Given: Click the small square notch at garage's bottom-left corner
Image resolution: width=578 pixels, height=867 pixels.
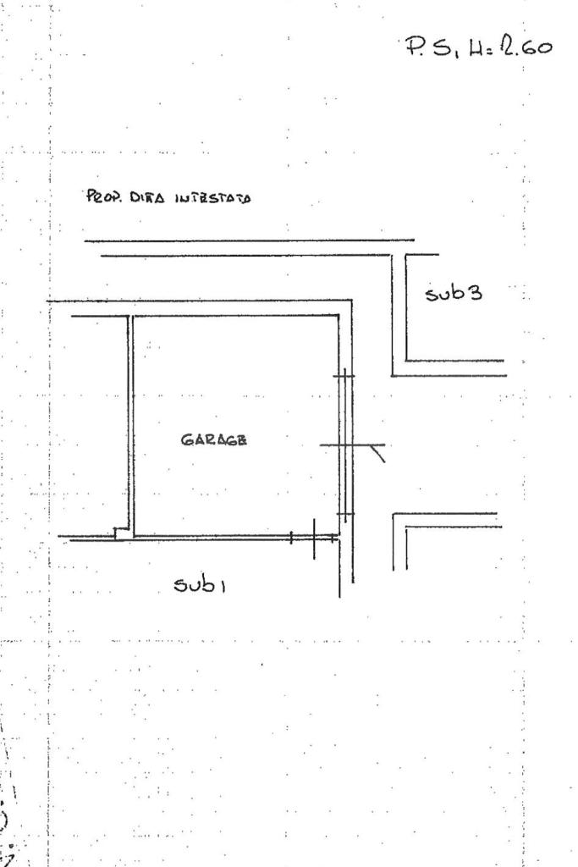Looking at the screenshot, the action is click(122, 533).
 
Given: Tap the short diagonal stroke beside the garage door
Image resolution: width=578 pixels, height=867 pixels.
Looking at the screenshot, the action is click(378, 454).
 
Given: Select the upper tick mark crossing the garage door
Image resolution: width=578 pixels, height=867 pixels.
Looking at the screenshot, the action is click(344, 376).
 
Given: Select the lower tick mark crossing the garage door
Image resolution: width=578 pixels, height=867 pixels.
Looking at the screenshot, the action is click(344, 513).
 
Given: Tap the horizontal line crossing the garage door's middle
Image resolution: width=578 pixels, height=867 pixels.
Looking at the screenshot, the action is click(351, 445).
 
